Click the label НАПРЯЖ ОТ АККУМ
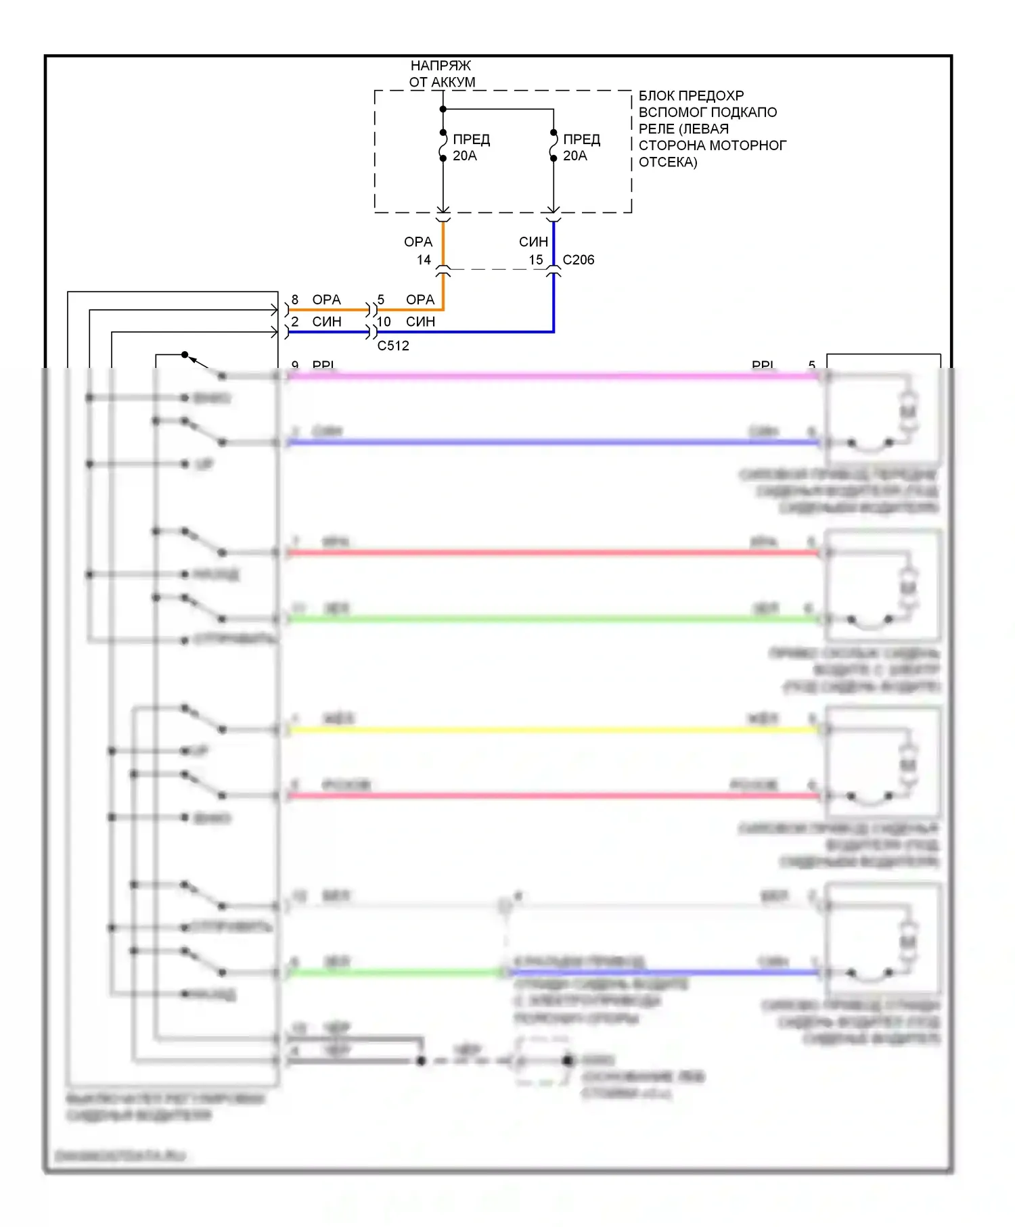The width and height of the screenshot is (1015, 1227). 441,74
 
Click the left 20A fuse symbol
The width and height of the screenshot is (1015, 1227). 443,145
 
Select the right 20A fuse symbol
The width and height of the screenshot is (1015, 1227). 554,145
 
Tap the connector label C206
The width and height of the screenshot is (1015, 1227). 579,260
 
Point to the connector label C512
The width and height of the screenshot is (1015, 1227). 393,346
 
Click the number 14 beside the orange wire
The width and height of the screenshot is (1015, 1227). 424,260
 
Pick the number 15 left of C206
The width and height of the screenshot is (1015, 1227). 536,260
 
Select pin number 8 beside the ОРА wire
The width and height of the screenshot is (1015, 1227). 295,300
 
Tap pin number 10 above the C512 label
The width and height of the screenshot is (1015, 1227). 384,322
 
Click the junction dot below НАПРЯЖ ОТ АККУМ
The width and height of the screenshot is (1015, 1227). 443,109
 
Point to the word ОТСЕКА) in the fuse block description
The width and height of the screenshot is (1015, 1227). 668,162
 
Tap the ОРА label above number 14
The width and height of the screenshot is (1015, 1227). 418,242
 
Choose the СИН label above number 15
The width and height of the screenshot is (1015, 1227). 533,242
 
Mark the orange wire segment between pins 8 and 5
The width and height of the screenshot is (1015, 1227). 328,310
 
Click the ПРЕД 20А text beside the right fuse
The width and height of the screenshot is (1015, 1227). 582,147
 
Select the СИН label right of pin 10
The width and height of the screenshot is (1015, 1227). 420,322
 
